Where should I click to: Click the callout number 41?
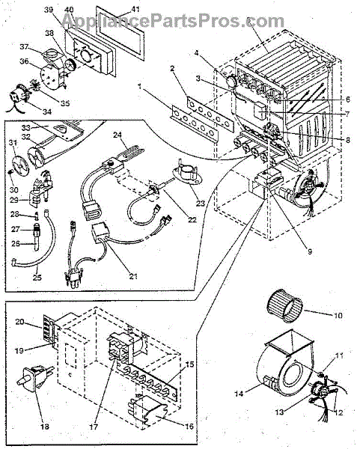tap(135, 9)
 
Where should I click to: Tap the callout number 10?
tap(338, 316)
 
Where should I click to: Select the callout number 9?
tap(310, 251)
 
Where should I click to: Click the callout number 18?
tap(45, 427)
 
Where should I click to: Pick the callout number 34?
tap(46, 111)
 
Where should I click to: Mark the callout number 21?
tap(133, 276)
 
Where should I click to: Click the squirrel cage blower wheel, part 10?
tap(284, 306)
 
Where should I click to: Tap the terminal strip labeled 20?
tap(49, 328)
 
